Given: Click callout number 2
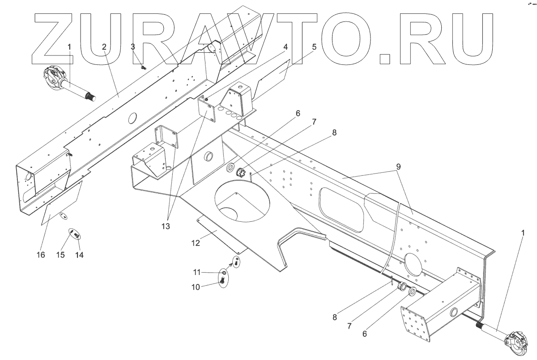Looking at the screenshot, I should click(104, 47).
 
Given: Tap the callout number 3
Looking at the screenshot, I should click(133, 47).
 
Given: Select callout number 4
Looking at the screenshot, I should click(285, 47).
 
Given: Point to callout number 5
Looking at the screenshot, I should click(314, 47).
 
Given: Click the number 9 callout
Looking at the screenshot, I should click(398, 166).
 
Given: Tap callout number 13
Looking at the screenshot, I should click(166, 226).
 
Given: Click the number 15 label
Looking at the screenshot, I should click(60, 255).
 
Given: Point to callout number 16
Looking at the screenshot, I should click(41, 255).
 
